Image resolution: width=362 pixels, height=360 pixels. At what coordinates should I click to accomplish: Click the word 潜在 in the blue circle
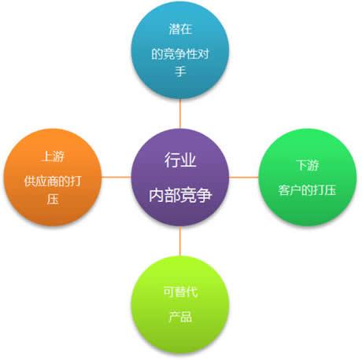[x=180, y=29]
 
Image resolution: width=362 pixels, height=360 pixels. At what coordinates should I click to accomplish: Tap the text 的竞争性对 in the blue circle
[x=180, y=54]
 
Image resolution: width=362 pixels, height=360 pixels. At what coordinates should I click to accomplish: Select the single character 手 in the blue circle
[x=180, y=72]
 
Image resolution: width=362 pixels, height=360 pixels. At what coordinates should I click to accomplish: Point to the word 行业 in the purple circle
[x=180, y=160]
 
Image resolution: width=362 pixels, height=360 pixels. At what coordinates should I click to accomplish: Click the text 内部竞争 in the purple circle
[x=180, y=195]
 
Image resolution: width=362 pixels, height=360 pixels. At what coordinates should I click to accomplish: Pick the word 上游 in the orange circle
[x=53, y=156]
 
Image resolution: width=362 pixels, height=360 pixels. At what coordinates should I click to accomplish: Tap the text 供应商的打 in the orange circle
[x=53, y=182]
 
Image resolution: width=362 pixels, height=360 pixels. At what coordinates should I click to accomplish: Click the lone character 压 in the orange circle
[x=53, y=199]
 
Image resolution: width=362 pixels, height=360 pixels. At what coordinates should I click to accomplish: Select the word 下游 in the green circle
[x=308, y=165]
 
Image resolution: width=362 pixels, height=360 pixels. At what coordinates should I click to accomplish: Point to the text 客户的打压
[x=307, y=190]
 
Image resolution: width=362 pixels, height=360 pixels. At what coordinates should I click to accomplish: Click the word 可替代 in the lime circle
[x=180, y=292]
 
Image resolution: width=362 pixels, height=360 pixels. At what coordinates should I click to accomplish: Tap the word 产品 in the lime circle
[x=180, y=317]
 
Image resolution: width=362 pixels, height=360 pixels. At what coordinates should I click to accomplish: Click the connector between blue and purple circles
[x=180, y=114]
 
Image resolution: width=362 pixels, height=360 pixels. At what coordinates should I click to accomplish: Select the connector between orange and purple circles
[x=116, y=178]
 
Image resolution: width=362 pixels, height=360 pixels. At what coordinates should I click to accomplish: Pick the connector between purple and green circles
[x=244, y=178]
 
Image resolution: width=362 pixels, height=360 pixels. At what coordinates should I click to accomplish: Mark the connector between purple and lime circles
[x=180, y=241]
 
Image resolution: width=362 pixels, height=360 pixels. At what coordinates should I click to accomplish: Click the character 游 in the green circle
[x=313, y=165]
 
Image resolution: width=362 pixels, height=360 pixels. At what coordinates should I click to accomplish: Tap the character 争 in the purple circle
[x=204, y=195]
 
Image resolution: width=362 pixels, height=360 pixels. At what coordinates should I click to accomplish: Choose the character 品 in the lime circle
[x=187, y=317]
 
